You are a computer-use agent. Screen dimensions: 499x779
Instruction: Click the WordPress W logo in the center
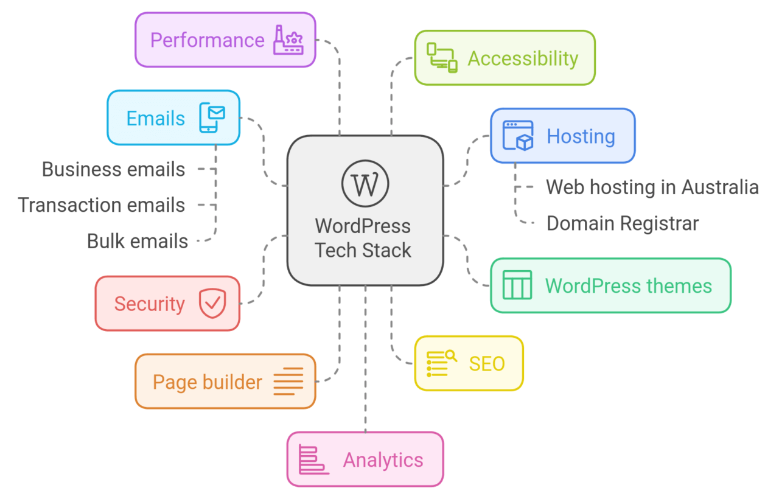(365, 183)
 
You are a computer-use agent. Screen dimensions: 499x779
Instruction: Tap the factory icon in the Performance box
(288, 40)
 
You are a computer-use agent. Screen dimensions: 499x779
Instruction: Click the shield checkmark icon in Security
(212, 303)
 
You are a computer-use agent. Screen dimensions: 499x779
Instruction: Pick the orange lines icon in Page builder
(288, 382)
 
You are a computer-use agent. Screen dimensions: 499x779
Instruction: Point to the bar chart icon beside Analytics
(313, 459)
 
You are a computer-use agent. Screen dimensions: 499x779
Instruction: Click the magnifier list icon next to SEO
(441, 363)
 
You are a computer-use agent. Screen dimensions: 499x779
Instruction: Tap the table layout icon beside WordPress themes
(517, 285)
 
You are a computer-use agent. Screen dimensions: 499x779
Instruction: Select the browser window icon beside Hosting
(518, 136)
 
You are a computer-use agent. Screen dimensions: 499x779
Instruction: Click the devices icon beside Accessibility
(441, 58)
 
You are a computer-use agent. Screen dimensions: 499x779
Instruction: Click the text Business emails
(113, 169)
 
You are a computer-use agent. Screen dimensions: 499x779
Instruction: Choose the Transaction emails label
(102, 205)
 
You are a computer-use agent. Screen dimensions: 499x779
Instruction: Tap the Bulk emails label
(138, 241)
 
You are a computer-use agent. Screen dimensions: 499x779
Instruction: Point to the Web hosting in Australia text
(652, 187)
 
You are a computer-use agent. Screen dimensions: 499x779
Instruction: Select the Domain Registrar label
(622, 223)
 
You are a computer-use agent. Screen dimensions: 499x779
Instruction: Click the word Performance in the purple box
(207, 40)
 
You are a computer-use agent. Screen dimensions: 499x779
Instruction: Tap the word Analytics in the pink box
(383, 459)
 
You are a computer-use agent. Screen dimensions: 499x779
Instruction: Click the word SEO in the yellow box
(487, 364)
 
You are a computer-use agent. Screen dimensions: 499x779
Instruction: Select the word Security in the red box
(149, 304)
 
